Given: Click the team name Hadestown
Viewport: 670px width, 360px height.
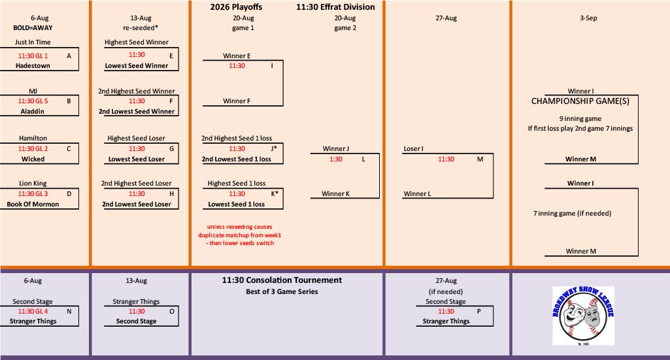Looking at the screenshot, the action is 33,66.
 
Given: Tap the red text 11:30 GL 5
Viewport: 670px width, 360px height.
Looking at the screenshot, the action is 33,101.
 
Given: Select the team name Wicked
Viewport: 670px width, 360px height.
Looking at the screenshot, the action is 33,159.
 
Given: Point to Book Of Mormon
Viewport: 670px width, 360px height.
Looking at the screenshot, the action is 33,204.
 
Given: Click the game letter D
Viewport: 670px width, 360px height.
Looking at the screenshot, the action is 69,194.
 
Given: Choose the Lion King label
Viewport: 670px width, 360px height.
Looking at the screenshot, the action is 33,183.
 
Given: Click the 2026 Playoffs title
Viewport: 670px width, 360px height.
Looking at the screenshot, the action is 236,7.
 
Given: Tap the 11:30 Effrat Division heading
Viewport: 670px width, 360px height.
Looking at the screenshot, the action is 335,7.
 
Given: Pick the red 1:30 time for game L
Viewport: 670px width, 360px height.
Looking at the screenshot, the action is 336,159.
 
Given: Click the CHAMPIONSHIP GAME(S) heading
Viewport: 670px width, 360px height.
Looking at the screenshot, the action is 580,101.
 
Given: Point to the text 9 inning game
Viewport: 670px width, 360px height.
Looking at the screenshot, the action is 580,119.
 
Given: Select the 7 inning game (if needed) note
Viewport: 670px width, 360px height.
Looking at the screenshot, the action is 572,213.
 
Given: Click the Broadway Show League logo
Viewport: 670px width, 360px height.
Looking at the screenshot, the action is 583,316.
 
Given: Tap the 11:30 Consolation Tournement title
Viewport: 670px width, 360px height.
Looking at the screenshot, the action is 282,280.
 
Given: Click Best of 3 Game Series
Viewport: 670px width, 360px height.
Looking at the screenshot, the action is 282,291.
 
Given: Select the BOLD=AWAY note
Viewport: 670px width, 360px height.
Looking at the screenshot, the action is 33,27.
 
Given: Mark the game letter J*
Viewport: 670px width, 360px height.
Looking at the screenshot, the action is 274,148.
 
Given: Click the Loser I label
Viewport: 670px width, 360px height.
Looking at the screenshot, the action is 414,148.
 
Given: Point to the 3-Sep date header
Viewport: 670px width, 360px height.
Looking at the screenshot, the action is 588,18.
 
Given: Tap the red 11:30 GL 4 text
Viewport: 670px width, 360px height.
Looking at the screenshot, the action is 33,311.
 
